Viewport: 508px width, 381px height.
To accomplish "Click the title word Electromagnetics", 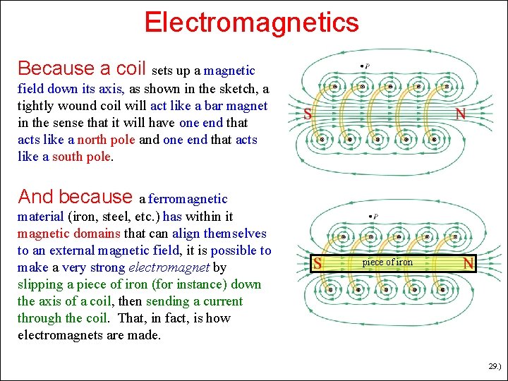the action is point(251,23).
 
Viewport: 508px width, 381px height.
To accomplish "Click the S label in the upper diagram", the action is point(308,114).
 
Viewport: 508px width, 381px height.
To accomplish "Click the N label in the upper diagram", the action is point(460,114).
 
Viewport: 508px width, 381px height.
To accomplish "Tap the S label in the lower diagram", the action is point(318,264).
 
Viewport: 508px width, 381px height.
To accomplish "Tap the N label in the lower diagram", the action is point(466,264).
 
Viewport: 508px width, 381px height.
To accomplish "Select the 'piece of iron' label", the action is point(387,262).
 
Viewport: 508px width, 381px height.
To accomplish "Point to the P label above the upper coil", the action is point(367,66).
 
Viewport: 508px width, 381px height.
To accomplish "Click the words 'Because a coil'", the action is point(82,68).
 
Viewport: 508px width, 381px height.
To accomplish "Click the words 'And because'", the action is point(75,196).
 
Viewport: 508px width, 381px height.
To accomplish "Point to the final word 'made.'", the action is point(144,335).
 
